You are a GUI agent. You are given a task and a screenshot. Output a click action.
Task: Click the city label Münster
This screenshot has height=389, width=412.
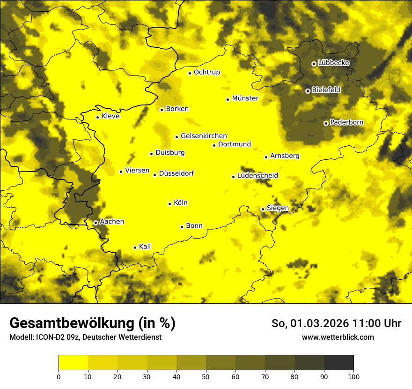[x=245, y=98]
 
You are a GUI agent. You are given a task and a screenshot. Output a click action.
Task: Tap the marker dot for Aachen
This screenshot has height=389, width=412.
[x=96, y=223]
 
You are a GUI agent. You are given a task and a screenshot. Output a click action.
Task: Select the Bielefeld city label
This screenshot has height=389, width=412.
[x=326, y=90]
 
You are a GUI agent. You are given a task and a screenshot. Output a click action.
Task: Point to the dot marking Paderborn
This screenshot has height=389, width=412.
[x=326, y=123]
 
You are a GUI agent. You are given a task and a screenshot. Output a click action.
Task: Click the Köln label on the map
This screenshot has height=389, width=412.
[x=180, y=203]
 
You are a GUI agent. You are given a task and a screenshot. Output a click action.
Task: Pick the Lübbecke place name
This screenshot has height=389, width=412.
[x=333, y=63]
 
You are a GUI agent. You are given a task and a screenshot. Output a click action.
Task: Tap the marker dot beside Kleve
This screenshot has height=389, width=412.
[x=97, y=117]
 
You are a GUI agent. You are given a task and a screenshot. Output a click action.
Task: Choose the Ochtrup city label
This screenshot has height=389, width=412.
[x=206, y=72]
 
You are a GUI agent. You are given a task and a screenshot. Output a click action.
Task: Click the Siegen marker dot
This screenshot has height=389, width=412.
[x=263, y=209]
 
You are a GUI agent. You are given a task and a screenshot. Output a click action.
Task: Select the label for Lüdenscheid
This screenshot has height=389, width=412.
[x=257, y=176]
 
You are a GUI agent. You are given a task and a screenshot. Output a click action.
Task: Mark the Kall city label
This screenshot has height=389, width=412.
[x=145, y=247]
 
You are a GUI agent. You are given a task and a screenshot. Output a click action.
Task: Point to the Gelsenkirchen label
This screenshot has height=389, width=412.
[x=204, y=136]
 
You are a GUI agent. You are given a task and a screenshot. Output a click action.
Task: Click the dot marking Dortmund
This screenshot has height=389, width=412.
[x=214, y=145]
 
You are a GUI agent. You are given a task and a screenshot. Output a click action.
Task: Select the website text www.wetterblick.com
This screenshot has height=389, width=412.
[x=338, y=337]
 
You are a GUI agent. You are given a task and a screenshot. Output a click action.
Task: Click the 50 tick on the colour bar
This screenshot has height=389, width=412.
[x=206, y=376]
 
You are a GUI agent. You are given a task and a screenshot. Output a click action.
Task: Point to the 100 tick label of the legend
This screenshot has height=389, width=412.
[x=353, y=376]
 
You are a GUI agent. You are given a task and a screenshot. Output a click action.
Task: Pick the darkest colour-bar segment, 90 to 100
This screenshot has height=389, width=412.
[x=338, y=363]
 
